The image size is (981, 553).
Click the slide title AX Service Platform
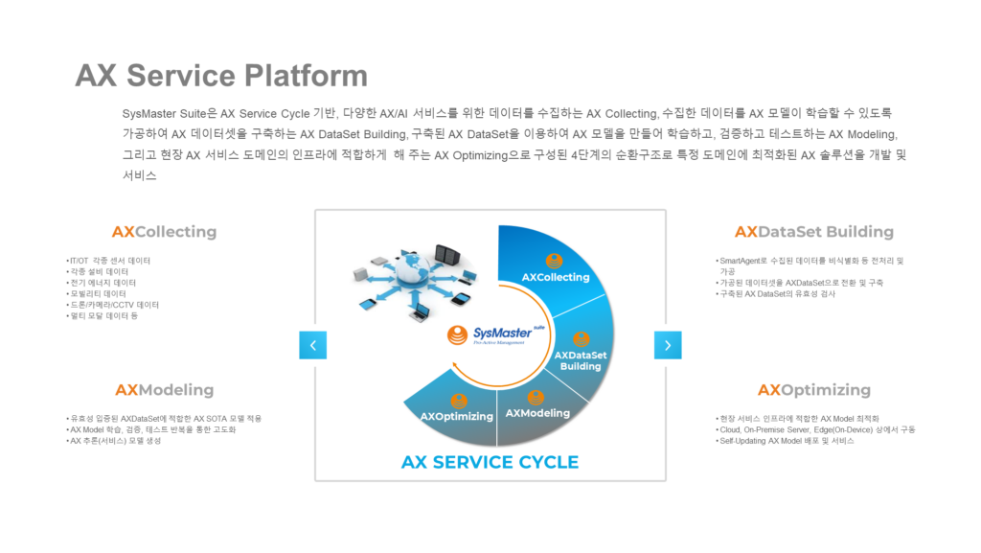tap(221, 75)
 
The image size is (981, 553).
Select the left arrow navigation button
tap(312, 345)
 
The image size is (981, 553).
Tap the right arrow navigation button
tap(668, 345)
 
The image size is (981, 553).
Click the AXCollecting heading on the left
tap(164, 232)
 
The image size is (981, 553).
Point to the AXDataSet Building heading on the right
tap(813, 232)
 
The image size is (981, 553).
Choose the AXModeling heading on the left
tap(164, 390)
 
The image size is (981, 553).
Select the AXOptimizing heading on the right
tap(813, 390)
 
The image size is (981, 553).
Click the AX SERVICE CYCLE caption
tap(490, 462)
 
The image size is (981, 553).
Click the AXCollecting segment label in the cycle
tap(556, 277)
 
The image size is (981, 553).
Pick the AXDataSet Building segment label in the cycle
tap(581, 360)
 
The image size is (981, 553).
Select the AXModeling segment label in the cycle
tap(537, 413)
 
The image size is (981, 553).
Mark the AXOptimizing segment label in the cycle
tap(457, 416)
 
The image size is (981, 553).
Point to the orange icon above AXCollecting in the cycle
tap(554, 261)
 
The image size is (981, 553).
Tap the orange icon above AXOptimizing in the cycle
tap(459, 402)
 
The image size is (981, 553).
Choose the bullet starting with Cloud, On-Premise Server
tap(815, 429)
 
